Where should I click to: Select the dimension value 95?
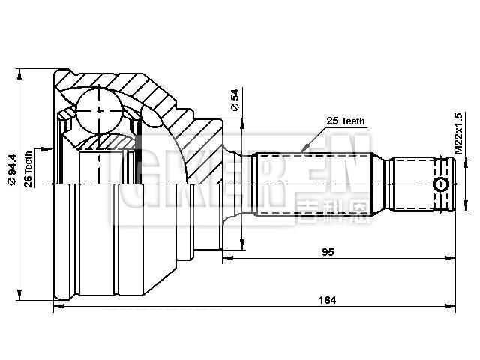pos(328,252)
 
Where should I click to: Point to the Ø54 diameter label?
pos(235,100)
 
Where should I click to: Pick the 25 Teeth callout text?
pos(346,121)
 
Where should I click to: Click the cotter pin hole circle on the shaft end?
pos(442,184)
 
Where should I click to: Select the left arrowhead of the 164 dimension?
pos(58,307)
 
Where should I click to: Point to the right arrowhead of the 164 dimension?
pos(452,307)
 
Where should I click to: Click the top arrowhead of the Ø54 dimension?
pos(242,121)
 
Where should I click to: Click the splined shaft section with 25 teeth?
pos(315,184)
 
